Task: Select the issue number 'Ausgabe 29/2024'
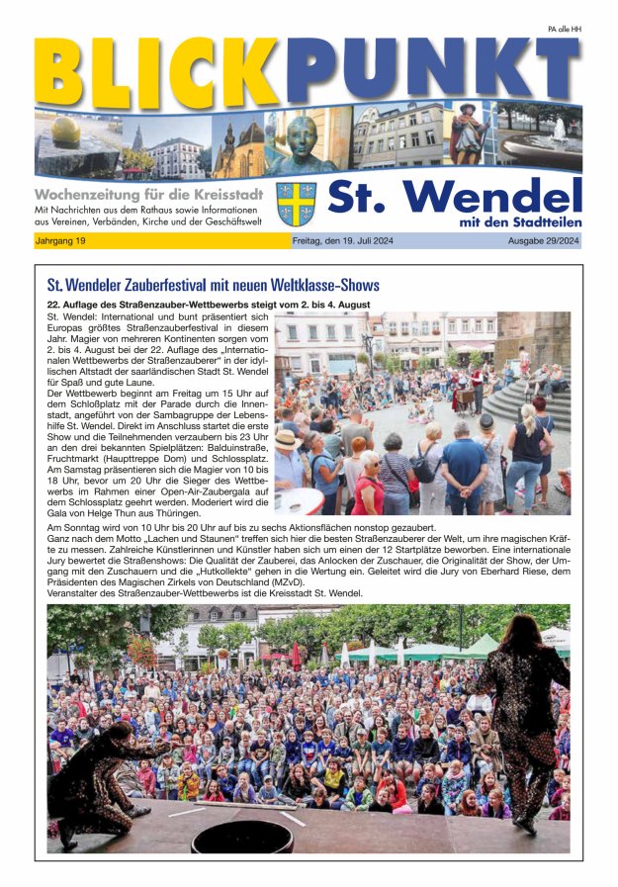tap(543, 241)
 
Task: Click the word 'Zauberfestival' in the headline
tap(175, 286)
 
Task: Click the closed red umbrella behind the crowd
tap(296, 656)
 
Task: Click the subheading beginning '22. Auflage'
tap(209, 305)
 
